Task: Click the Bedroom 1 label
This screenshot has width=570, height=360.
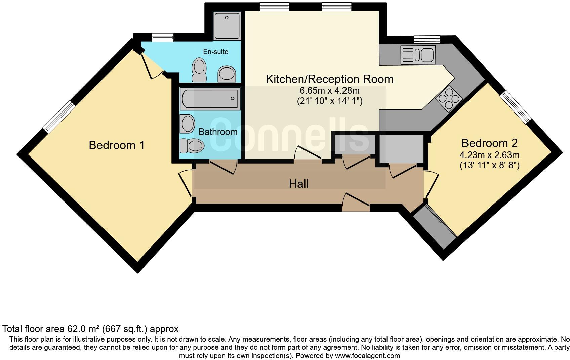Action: pyautogui.click(x=117, y=145)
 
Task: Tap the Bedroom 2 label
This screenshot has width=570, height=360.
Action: pyautogui.click(x=489, y=143)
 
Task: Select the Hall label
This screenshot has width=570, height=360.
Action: pyautogui.click(x=298, y=184)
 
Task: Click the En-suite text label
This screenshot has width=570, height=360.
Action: pyautogui.click(x=215, y=52)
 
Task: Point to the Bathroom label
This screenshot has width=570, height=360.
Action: pyautogui.click(x=218, y=132)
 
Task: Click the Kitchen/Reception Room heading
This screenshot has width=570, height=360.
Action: pyautogui.click(x=329, y=79)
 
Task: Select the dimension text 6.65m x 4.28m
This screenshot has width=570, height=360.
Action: pyautogui.click(x=329, y=90)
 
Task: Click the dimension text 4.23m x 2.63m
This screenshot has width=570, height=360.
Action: pyautogui.click(x=489, y=155)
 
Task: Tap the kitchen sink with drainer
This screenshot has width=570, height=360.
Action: pyautogui.click(x=418, y=55)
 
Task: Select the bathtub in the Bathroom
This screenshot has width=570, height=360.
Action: pyautogui.click(x=210, y=99)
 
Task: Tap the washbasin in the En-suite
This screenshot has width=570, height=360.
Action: pyautogui.click(x=227, y=74)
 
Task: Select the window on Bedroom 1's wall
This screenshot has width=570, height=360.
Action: pyautogui.click(x=59, y=117)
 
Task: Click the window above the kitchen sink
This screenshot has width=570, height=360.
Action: pyautogui.click(x=427, y=40)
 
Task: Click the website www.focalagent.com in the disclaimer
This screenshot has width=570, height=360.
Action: pyautogui.click(x=367, y=356)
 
